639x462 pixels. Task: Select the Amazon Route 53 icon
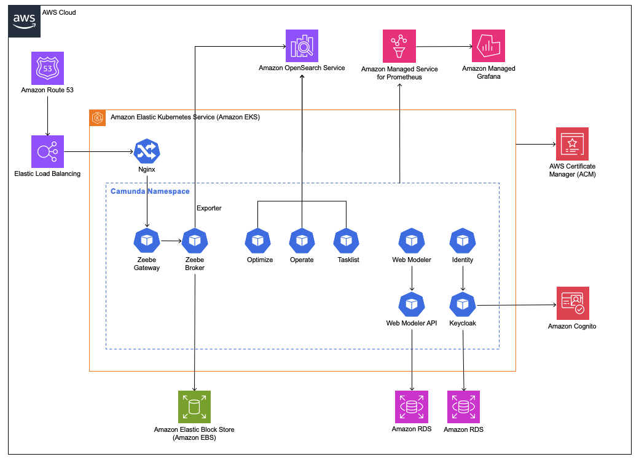point(47,68)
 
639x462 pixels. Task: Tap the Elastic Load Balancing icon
point(47,151)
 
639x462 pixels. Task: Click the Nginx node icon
point(147,151)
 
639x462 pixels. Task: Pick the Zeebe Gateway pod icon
point(146,241)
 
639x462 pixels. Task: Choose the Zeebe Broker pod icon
point(195,241)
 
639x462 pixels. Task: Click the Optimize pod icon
point(257,241)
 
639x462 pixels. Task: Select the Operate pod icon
point(302,241)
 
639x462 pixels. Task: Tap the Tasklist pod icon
point(347,241)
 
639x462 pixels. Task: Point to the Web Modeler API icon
point(411,304)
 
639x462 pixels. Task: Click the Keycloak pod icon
point(463,304)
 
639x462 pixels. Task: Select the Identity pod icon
point(463,241)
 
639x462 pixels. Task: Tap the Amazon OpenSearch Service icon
point(301,46)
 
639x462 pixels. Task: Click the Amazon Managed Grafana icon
point(488,46)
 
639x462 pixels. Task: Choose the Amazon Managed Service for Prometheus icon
point(399,46)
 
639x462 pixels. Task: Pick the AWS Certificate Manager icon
point(572,143)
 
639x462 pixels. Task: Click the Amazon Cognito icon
point(572,303)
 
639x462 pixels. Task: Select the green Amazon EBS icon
point(194,407)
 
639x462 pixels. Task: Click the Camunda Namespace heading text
point(150,191)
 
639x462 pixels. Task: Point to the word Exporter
point(209,208)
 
